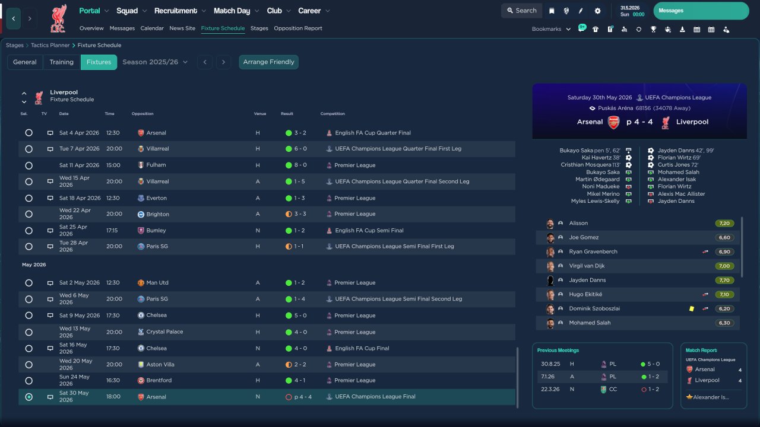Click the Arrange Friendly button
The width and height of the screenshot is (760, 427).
(x=268, y=62)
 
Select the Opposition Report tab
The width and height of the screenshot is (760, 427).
(x=298, y=28)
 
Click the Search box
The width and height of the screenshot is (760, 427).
(x=521, y=11)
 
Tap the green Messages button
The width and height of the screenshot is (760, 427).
(x=701, y=11)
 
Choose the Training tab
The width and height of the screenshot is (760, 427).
(x=61, y=62)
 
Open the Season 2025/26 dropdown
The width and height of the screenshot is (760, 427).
(x=155, y=62)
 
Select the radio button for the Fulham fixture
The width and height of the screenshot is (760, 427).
(x=29, y=165)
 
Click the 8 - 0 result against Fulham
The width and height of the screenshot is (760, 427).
(x=300, y=165)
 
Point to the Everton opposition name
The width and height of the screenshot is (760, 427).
(x=156, y=198)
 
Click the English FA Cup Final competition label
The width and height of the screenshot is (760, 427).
(x=362, y=348)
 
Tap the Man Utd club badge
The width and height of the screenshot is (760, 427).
(x=141, y=283)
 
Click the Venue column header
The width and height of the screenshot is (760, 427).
(x=260, y=114)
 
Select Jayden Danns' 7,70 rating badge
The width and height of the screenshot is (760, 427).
(x=724, y=281)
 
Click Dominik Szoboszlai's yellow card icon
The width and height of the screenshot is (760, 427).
(x=692, y=309)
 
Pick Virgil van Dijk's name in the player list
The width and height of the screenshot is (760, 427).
(x=587, y=266)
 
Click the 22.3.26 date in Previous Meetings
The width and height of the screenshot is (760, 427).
(x=550, y=390)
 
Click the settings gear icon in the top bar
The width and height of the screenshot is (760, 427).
(x=597, y=11)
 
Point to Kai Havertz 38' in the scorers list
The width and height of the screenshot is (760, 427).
(x=601, y=158)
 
